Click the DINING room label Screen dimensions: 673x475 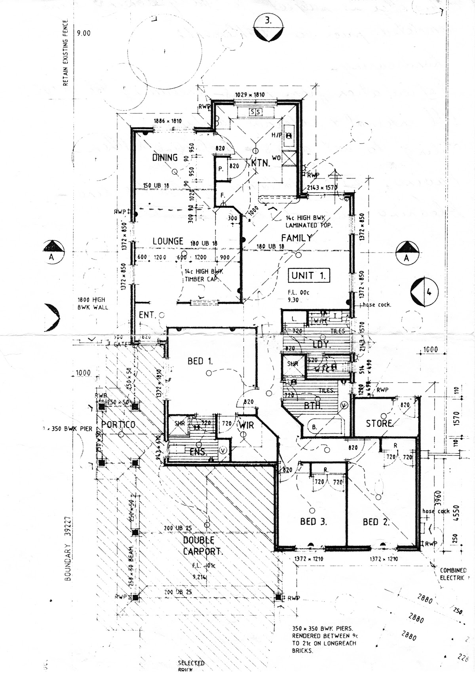(165, 158)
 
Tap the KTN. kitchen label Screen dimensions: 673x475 (260, 163)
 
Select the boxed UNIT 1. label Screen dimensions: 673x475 (309, 276)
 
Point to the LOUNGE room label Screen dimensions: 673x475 (168, 241)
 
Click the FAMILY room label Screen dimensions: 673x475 (296, 238)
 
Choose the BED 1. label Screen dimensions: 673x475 (200, 361)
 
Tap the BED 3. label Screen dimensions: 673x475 (313, 521)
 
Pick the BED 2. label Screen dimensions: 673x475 (376, 522)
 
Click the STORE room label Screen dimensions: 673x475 (379, 424)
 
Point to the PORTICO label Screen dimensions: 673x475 (118, 425)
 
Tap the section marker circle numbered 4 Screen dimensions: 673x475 (424, 293)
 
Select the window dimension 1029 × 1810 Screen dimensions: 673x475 (250, 95)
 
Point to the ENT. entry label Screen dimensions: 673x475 (146, 315)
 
